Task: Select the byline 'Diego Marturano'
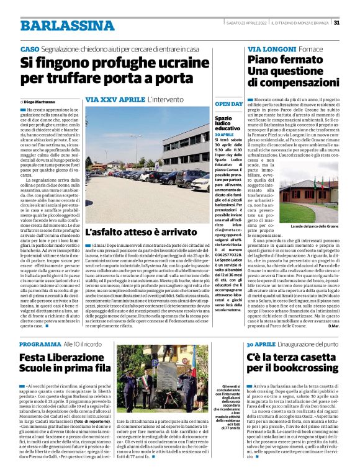[x=41, y=101]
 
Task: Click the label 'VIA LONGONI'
[x=271, y=48]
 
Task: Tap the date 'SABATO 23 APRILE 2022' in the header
[x=246, y=24]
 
